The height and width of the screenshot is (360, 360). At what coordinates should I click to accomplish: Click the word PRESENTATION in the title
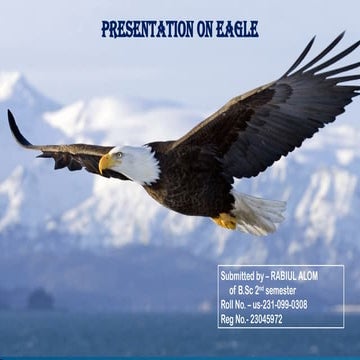pyautogui.click(x=148, y=29)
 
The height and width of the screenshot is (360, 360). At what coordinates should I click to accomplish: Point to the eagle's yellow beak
pyautogui.click(x=105, y=163)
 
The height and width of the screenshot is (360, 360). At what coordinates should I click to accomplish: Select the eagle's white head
pyautogui.click(x=135, y=162)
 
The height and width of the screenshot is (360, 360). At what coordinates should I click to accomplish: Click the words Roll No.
pyautogui.click(x=234, y=305)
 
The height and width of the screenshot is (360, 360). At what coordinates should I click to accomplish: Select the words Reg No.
pyautogui.click(x=234, y=319)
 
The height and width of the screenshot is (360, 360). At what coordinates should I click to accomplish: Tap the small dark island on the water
pyautogui.click(x=41, y=297)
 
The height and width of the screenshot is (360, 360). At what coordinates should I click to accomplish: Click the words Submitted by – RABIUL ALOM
pyautogui.click(x=279, y=276)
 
